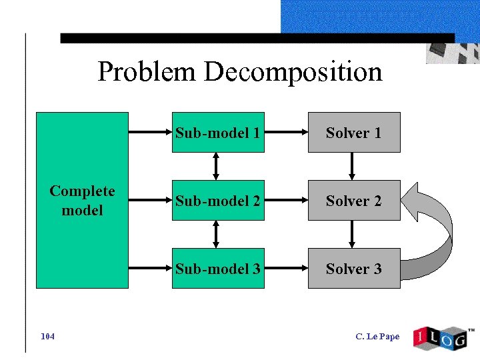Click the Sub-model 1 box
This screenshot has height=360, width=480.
click(x=218, y=133)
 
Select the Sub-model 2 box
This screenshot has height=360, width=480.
click(x=218, y=201)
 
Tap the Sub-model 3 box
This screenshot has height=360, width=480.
click(x=218, y=269)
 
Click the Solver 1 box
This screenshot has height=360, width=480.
click(x=353, y=133)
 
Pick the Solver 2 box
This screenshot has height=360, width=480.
click(x=353, y=201)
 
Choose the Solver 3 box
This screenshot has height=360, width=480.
click(x=353, y=269)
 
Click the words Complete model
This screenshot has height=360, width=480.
click(x=82, y=201)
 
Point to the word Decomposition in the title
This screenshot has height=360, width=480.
click(x=293, y=71)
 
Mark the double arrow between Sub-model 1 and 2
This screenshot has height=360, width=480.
click(x=216, y=167)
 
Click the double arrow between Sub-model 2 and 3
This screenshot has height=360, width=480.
click(x=216, y=235)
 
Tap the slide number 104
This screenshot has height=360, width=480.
click(x=47, y=336)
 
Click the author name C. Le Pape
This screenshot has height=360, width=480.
click(x=378, y=337)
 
